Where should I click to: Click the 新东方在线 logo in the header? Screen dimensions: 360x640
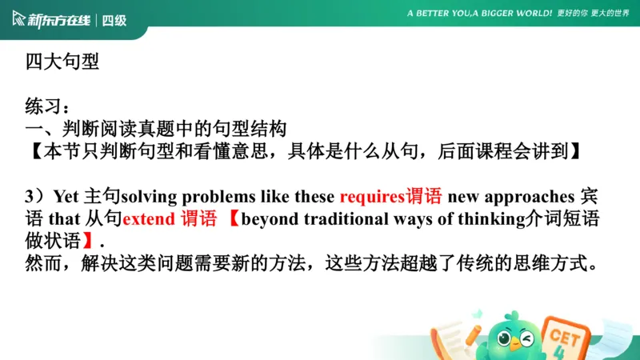click(x=53, y=19)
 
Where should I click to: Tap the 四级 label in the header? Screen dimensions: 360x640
click(x=114, y=20)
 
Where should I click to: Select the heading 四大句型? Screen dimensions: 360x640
click(x=62, y=62)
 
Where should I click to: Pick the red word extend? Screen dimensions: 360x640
click(x=149, y=218)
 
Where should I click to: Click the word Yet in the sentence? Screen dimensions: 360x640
click(x=66, y=197)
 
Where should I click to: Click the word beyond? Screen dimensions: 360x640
click(x=267, y=218)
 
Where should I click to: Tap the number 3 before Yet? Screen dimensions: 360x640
click(x=30, y=197)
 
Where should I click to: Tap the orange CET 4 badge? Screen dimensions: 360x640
click(x=563, y=336)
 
